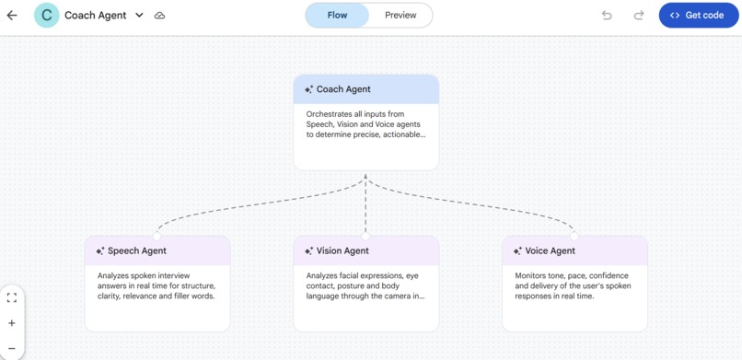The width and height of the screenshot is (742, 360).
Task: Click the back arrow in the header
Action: coord(12,16)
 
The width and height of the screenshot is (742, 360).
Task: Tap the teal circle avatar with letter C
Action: coord(46,16)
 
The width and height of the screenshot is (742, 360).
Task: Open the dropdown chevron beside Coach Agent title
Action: coord(139,16)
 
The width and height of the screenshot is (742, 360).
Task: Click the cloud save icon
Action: coord(159,16)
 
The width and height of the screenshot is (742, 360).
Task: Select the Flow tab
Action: coord(337,16)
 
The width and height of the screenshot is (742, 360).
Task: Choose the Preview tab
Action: coord(400,16)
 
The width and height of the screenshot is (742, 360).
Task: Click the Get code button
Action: coord(698,16)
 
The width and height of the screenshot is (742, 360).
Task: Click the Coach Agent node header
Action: coord(365,89)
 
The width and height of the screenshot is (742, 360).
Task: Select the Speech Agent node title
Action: coord(137,250)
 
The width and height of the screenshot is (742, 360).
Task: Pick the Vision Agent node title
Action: coord(342,250)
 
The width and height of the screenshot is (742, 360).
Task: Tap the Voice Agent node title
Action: coord(550,250)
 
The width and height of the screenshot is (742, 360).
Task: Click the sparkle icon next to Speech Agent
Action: coord(100,250)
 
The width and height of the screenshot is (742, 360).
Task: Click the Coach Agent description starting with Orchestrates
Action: coord(365,124)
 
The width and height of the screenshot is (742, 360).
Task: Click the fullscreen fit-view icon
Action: coord(12,297)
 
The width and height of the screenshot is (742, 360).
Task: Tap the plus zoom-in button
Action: coord(12,323)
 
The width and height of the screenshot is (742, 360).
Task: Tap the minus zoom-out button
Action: coord(12,348)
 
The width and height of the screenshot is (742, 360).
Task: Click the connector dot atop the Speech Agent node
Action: coord(157,237)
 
